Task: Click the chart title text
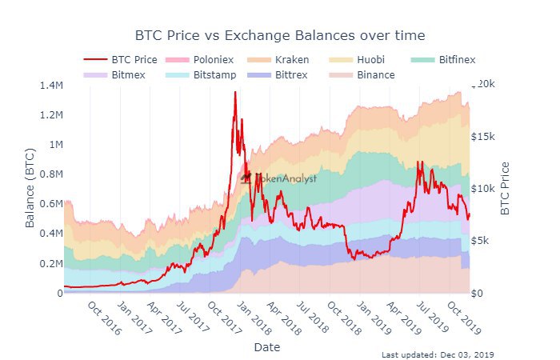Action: click(x=279, y=35)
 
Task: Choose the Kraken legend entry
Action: click(x=292, y=59)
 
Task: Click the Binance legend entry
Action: click(x=375, y=74)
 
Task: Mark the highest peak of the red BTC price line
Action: click(x=235, y=93)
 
